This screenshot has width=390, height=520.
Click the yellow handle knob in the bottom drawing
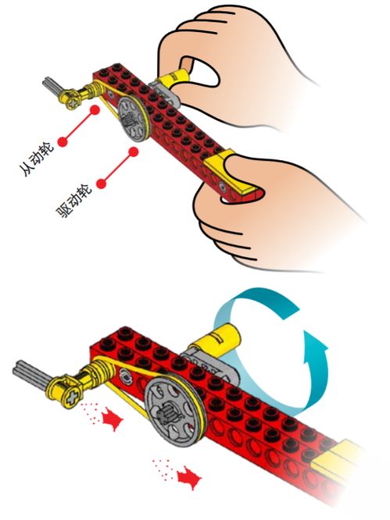(218, 338)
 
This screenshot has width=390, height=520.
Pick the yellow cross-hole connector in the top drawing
(69, 98)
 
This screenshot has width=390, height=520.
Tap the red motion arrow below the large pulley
(189, 479)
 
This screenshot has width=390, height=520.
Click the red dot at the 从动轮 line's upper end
(95, 110)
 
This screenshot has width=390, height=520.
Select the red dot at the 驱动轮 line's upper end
(134, 152)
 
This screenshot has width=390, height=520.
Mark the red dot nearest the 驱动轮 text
(102, 183)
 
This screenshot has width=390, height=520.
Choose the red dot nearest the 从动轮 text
(63, 142)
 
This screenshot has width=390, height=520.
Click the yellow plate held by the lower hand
(229, 173)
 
